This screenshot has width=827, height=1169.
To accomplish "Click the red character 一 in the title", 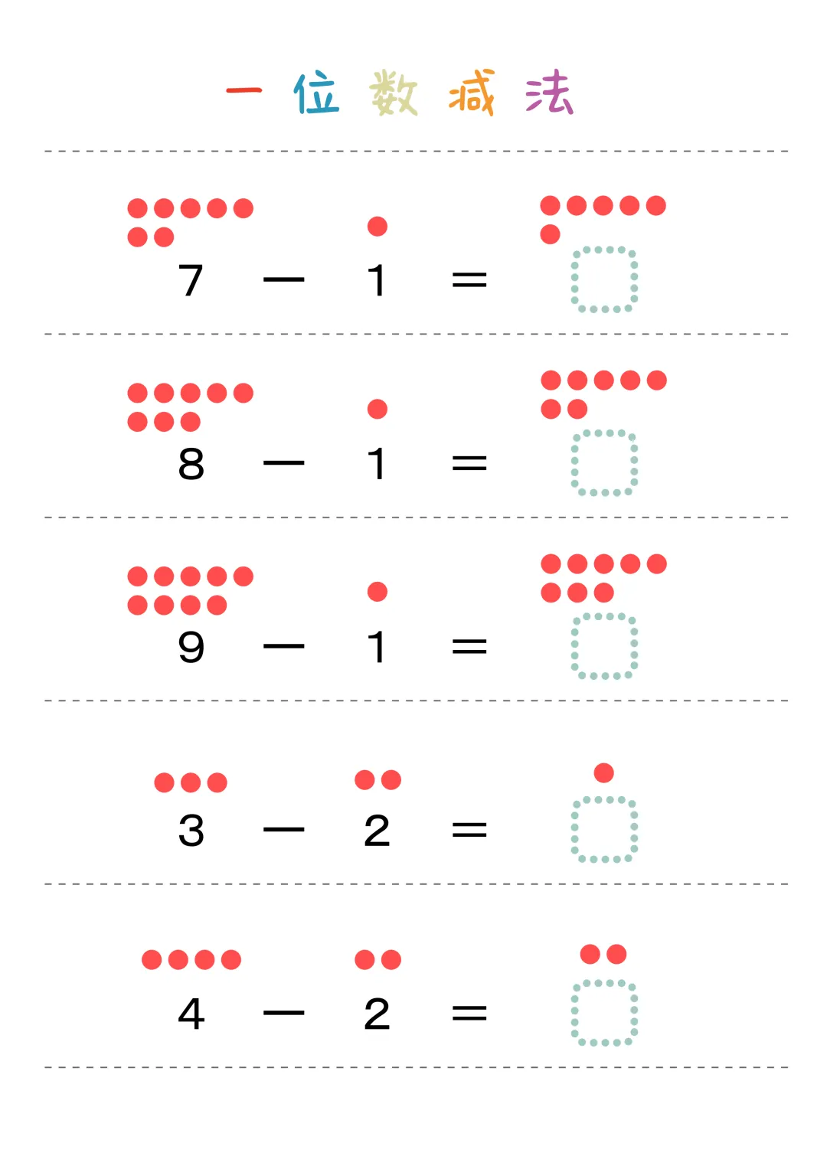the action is coord(244,91).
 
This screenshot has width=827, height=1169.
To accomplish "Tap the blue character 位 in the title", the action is coord(316,93).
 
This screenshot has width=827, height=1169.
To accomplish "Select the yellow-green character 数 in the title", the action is coord(394,93).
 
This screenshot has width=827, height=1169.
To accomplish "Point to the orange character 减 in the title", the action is coord(472,93).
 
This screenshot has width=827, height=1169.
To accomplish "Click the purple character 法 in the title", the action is coord(549,93).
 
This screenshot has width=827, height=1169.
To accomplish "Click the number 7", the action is coord(191,280).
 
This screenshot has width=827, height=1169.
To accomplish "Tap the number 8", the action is coord(191,464).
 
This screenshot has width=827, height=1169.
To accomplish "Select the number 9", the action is coord(191,647).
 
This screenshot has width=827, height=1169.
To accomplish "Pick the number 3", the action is coord(191,831).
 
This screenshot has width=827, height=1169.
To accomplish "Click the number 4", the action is coord(191,1014).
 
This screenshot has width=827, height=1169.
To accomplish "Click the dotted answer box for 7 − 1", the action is coord(604,279).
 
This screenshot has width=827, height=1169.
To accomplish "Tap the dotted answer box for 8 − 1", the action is coord(604,463).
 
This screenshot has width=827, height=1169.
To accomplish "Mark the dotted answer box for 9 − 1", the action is coord(604,646).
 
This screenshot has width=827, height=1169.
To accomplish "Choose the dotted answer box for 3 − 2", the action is coord(604,829).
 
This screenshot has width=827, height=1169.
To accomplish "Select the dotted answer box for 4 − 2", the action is coord(604,1012).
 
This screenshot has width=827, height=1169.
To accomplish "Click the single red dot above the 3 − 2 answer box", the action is coord(603,772).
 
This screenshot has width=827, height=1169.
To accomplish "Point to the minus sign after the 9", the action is coord(283,647).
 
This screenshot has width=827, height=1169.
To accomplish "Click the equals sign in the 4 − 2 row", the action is coord(469,1014).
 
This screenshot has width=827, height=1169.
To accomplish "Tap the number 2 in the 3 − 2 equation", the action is coord(377,831).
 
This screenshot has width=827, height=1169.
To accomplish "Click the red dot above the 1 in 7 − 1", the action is coord(377,226).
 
